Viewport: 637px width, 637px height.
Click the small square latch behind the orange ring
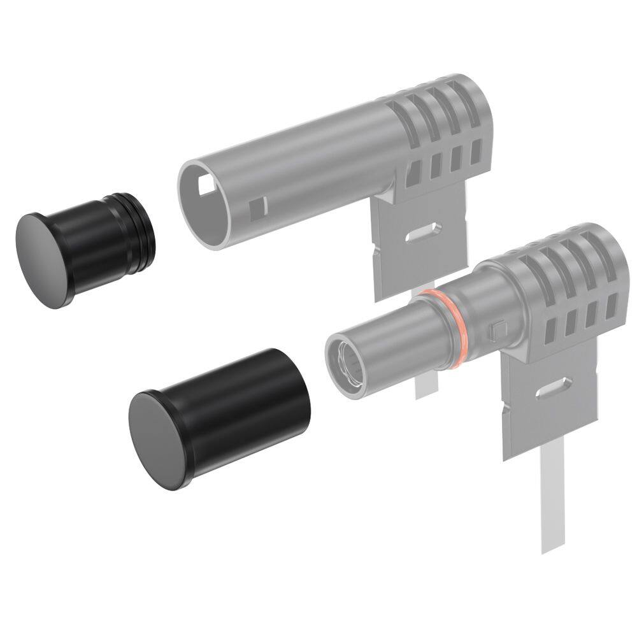click(x=498, y=329)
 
